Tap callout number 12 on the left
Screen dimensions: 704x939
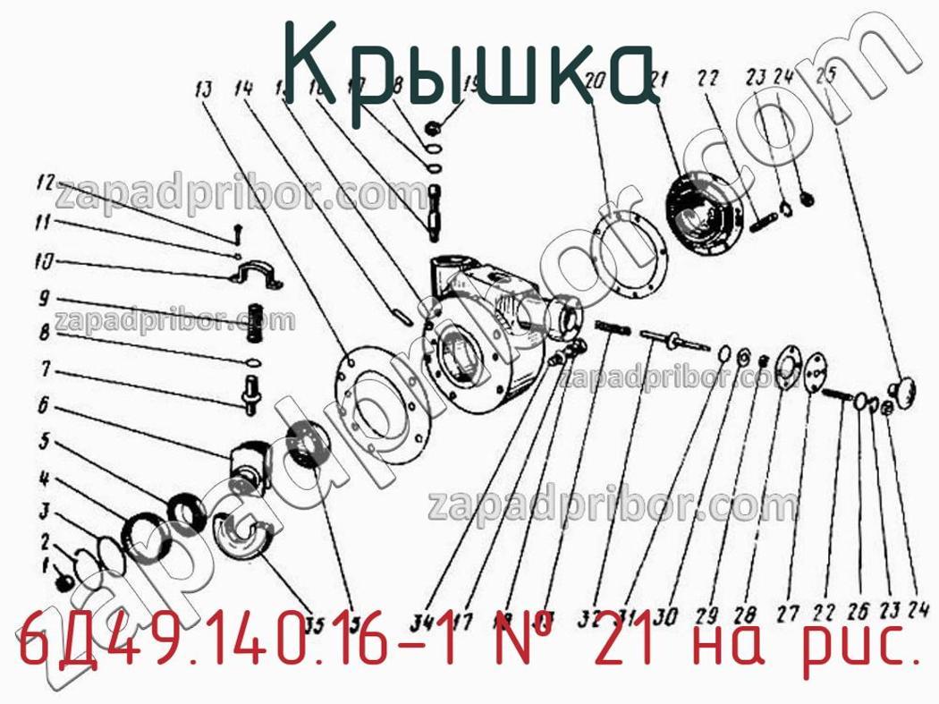coord(47,183)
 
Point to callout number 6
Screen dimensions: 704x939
coord(42,405)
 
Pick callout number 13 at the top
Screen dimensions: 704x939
coord(203,89)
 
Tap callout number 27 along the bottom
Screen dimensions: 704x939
coord(787,615)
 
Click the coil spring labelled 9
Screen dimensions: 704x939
coord(258,321)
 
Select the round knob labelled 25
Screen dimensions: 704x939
coord(903,389)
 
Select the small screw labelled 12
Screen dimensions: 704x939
coord(237,231)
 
